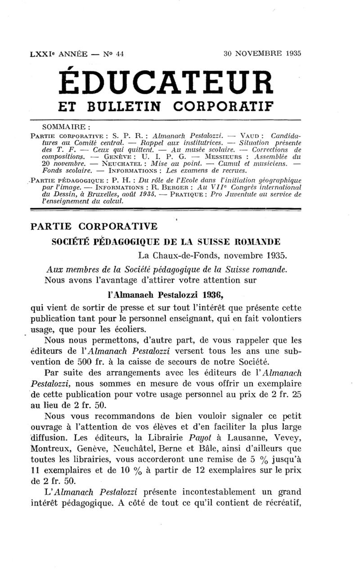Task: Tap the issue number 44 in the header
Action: click(119, 53)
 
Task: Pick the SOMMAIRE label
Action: click(69, 127)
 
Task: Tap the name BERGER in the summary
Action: click(184, 186)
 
